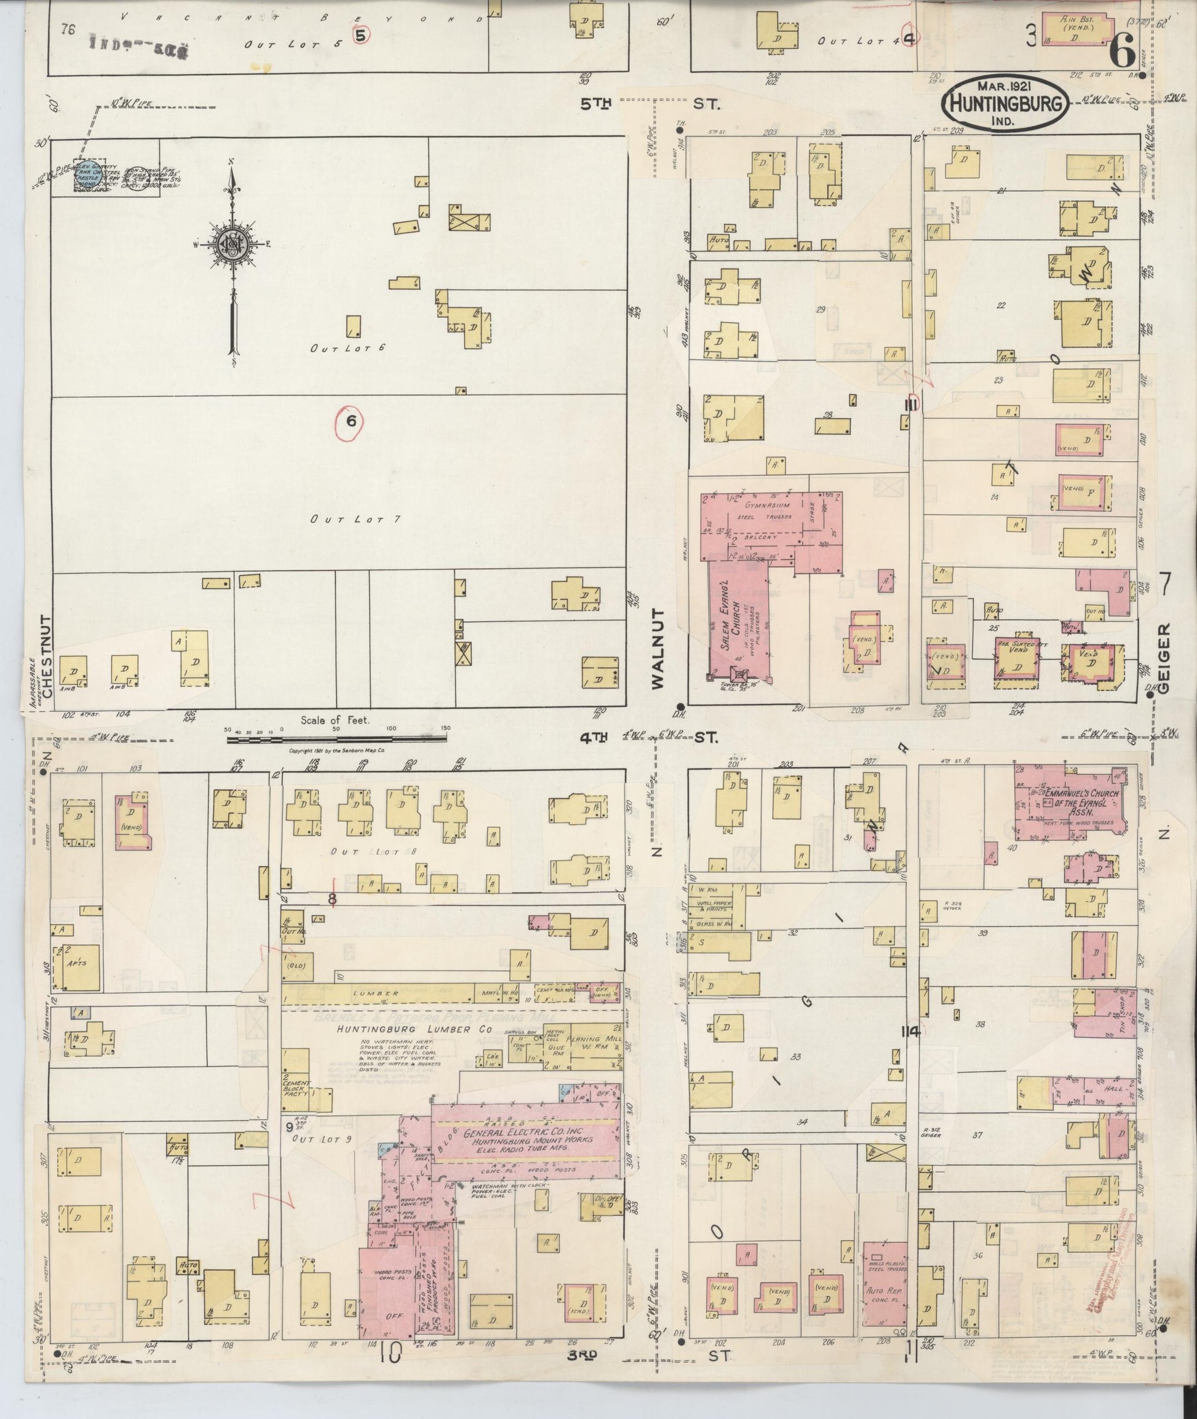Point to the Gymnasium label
pos(767,505)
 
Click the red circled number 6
pos(351,421)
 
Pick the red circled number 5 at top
pos(360,35)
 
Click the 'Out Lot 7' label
pos(355,520)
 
